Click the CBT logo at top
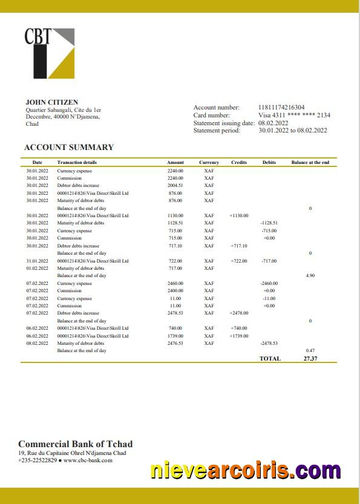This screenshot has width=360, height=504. tap(49, 53)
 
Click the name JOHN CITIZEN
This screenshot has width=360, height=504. tap(52, 102)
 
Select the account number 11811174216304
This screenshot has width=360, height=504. tap(281, 108)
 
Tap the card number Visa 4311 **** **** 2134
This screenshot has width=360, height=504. tap(294, 115)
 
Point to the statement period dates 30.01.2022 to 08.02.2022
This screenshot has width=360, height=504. tap(293, 130)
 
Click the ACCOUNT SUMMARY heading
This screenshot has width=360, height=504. tap(69, 147)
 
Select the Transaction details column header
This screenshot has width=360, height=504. tap(77, 162)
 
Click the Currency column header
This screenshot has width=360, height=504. tap(209, 162)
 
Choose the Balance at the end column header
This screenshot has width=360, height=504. tap(310, 162)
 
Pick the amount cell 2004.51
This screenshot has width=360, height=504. tap(175, 186)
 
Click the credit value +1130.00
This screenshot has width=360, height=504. tap(239, 215)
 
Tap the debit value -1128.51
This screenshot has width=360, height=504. tap(269, 223)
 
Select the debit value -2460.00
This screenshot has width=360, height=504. tap(269, 283)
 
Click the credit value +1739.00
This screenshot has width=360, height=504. tap(239, 336)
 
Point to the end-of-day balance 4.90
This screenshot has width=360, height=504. tap(310, 275)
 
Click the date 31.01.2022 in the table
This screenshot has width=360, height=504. tap(37, 261)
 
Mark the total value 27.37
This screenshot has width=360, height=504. tap(310, 358)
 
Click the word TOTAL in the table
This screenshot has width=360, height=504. tap(270, 358)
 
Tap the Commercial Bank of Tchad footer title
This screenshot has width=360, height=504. tap(76, 444)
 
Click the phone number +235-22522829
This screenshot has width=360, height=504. tap(38, 460)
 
